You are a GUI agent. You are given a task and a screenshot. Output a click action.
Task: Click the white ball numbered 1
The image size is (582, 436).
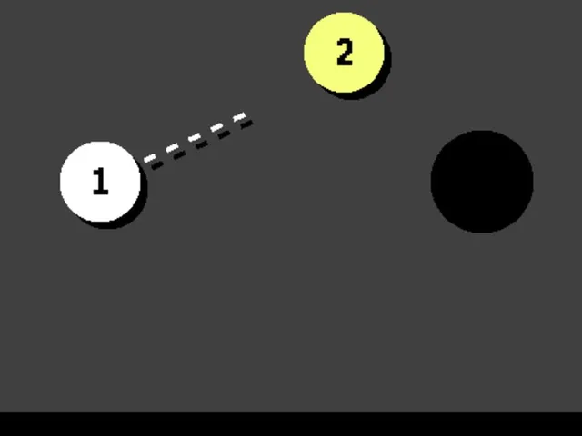100,182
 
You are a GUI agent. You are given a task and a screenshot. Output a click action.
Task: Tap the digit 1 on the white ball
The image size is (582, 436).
100,181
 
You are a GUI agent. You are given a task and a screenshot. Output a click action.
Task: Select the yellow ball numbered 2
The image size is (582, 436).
344,53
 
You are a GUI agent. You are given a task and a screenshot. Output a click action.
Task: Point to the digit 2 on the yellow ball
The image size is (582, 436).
345,53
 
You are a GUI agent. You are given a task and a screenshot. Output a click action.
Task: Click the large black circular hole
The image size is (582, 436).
482,182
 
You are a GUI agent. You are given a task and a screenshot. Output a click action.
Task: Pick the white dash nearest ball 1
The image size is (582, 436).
149,158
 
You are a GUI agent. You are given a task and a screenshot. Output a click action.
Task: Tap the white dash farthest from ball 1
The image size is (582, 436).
239,117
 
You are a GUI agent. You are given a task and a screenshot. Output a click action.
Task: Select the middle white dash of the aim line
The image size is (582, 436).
194,138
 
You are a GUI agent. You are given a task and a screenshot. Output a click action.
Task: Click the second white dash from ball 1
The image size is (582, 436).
172,148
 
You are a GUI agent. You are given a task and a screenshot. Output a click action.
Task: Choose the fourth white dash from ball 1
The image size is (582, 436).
216,127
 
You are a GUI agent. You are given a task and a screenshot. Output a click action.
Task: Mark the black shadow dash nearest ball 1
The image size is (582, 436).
157,165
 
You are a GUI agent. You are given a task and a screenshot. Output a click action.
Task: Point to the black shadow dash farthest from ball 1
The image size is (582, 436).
246,124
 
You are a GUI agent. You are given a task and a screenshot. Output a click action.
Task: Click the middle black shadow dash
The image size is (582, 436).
202,145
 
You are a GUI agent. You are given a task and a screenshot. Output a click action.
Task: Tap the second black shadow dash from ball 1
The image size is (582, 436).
179,155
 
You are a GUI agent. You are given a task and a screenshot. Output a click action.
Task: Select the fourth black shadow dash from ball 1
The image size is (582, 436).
224,134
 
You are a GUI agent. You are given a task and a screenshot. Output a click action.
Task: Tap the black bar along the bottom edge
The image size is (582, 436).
291,424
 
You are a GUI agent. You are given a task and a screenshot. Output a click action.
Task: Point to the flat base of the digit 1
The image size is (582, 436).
101,192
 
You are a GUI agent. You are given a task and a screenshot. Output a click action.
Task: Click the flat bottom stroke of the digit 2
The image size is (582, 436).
345,64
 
